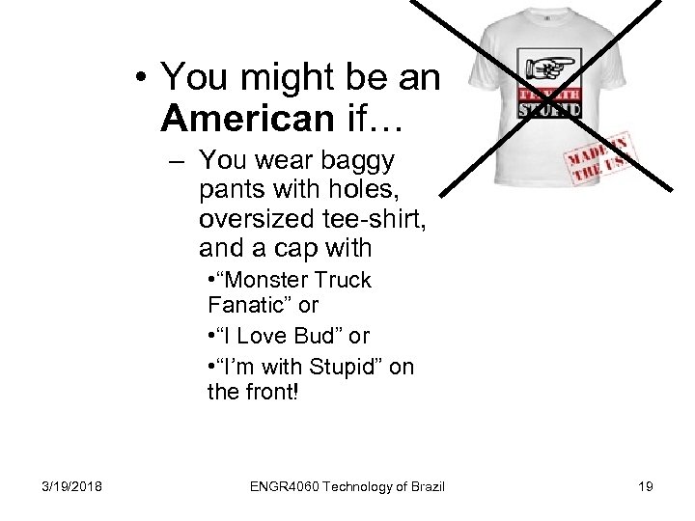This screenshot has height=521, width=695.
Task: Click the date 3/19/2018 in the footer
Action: coord(73,486)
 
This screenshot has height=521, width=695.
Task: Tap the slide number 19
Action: coord(645,486)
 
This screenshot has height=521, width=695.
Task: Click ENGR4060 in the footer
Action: coord(282,486)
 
